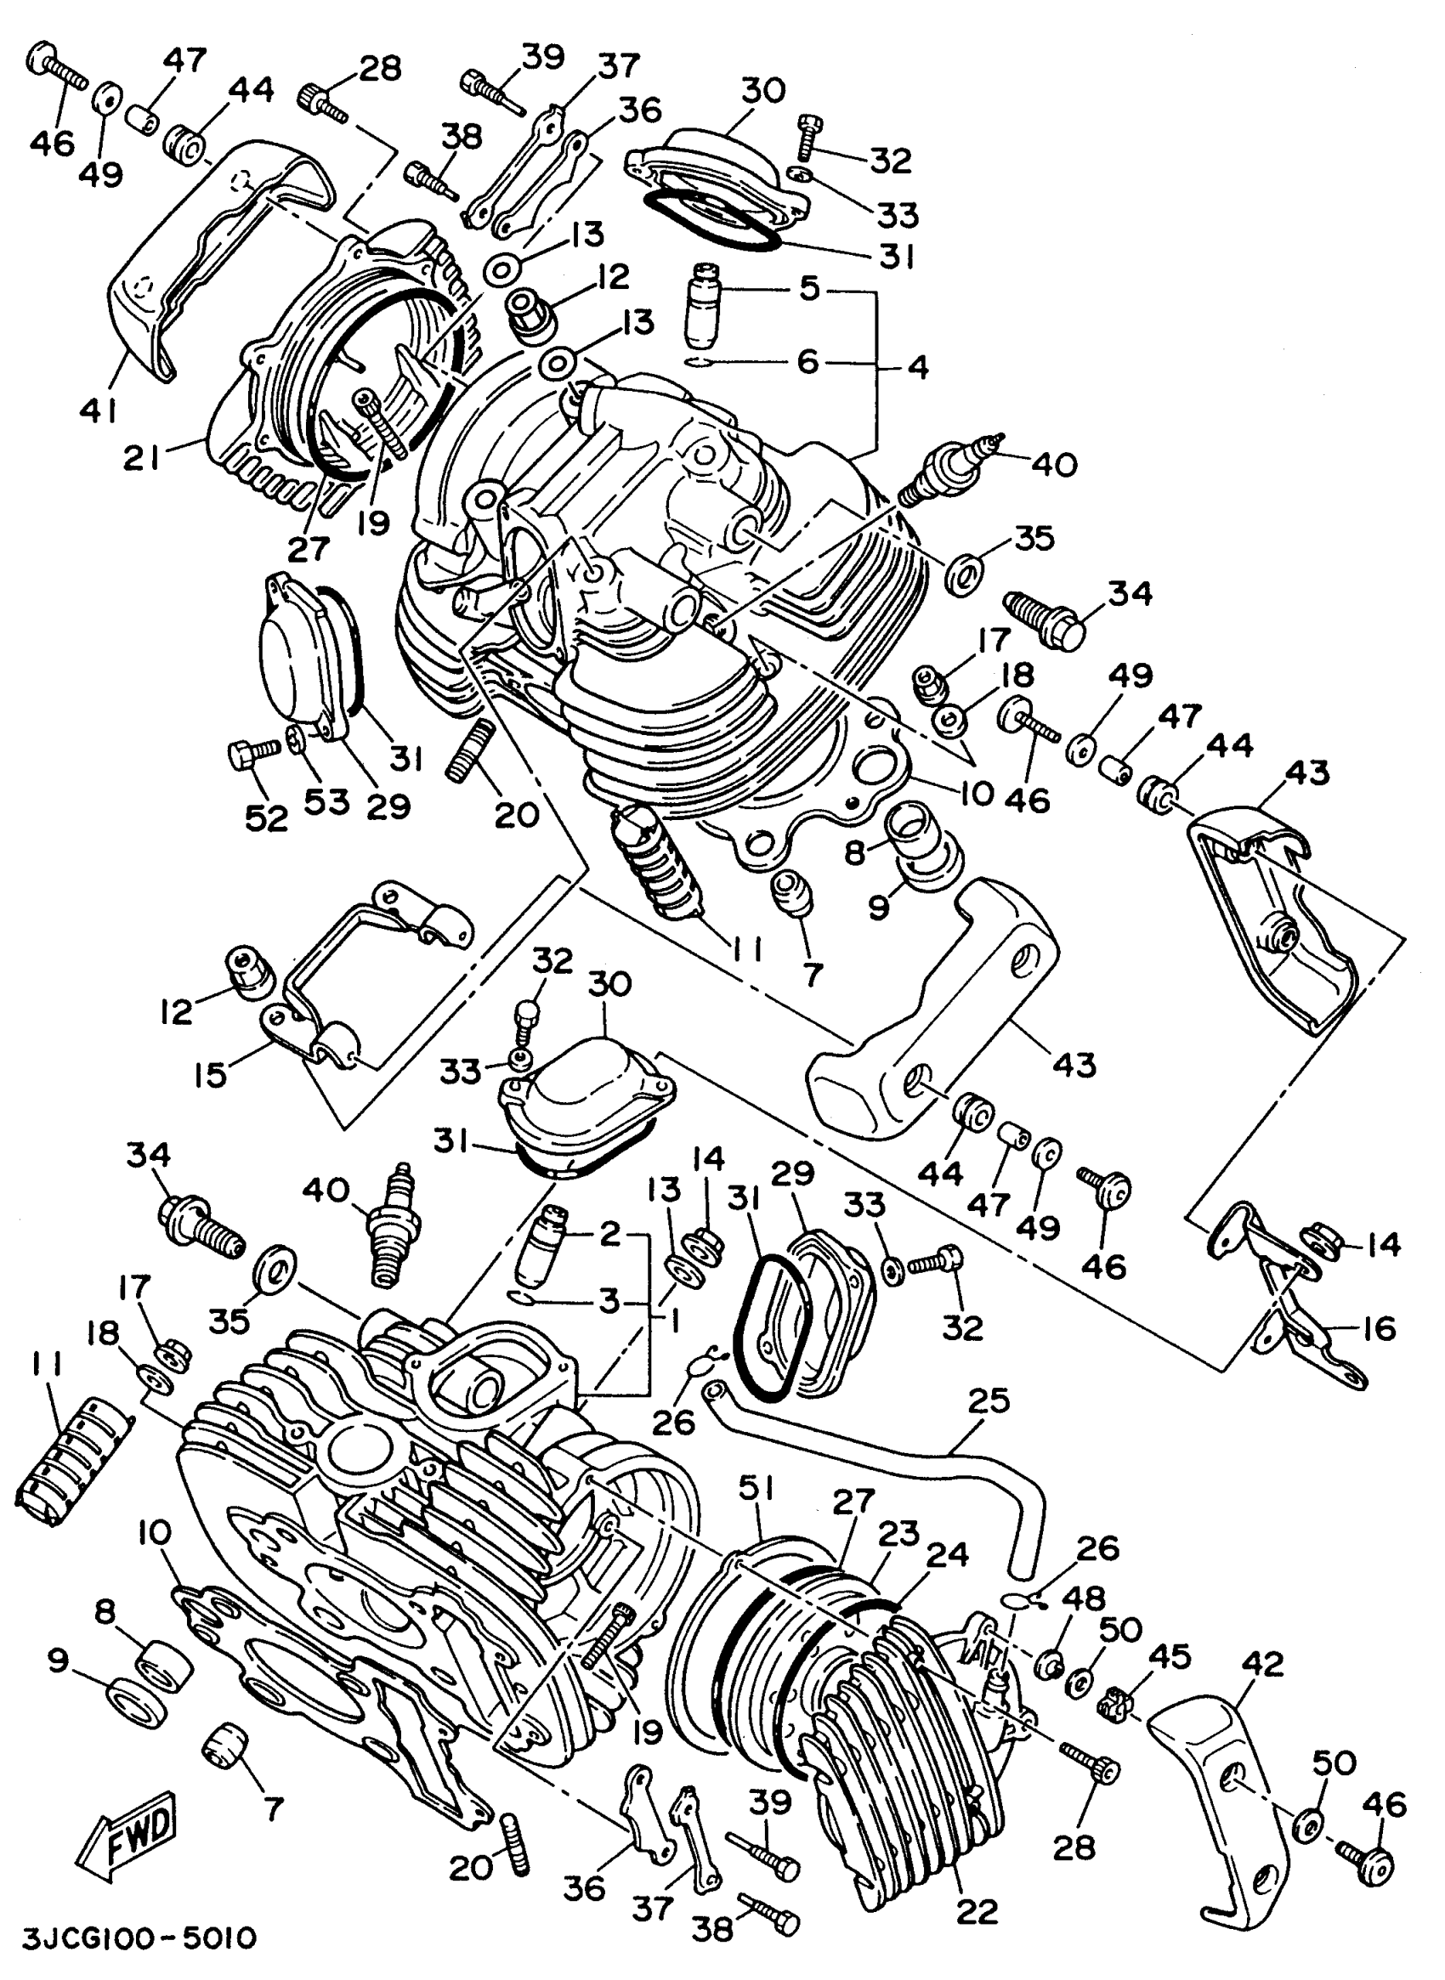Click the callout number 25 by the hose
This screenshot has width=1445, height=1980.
point(989,1400)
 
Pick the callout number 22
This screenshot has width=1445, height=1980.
point(976,1912)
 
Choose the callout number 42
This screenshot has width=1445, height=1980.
point(1261,1663)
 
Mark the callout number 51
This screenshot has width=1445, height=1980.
point(756,1486)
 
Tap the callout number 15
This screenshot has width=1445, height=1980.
point(211,1074)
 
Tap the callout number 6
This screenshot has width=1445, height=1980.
point(807,360)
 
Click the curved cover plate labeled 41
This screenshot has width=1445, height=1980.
point(149,289)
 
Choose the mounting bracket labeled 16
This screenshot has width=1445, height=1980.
point(1286,1286)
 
